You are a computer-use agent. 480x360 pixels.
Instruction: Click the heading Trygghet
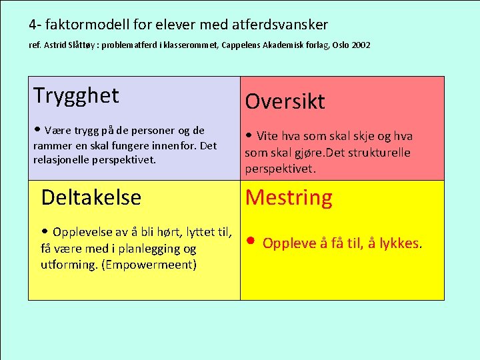[x=76, y=95]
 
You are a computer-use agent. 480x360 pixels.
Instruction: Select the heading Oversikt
[x=285, y=101]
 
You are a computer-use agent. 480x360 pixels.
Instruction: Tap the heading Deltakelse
[x=91, y=197]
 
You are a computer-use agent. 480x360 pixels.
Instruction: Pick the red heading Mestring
[x=289, y=197]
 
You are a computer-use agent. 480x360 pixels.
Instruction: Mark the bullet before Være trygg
[x=38, y=130]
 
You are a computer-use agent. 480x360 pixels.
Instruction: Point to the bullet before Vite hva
[x=249, y=135]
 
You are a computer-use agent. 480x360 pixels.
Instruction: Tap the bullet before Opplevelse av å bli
[x=45, y=232]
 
